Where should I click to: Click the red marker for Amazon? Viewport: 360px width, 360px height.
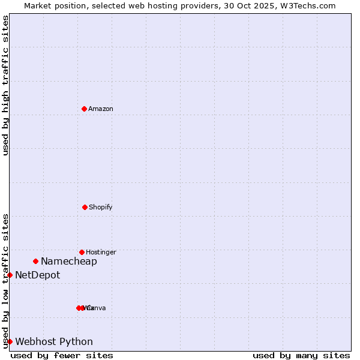tap(84, 109)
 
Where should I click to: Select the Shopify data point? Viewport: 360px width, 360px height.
tap(85, 207)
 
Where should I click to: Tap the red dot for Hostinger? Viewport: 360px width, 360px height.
tap(82, 252)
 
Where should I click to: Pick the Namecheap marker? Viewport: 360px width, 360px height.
tap(36, 261)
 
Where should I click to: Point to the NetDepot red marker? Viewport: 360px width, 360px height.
tap(10, 275)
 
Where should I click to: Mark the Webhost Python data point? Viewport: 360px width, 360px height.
tap(10, 341)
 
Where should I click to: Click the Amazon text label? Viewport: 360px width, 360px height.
tap(101, 109)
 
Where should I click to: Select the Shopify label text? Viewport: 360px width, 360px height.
tap(101, 207)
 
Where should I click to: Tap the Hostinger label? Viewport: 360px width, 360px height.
tap(101, 252)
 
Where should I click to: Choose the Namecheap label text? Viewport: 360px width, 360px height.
tap(69, 261)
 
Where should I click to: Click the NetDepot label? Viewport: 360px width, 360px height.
tap(38, 275)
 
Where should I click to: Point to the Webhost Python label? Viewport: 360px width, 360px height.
tap(54, 341)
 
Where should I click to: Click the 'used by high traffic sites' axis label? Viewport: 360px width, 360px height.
tap(5, 85)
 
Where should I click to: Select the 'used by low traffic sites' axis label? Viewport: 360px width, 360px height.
tap(5, 281)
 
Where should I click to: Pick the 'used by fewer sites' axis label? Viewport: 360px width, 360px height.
tap(62, 355)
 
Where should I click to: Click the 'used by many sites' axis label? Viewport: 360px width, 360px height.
tap(301, 355)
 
